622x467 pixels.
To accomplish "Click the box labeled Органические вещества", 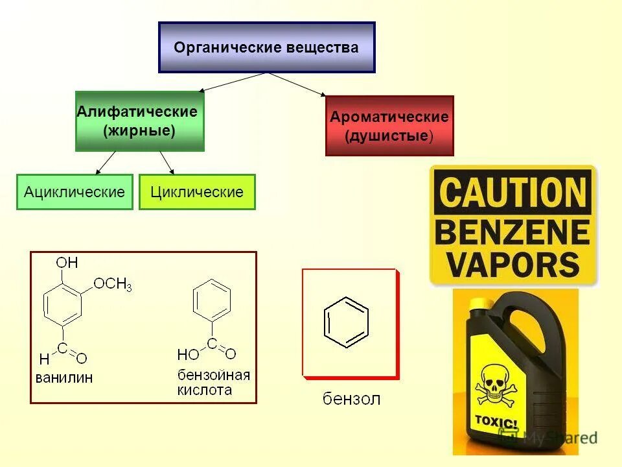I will click(266, 47).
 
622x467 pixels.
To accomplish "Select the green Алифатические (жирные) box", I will click(139, 121).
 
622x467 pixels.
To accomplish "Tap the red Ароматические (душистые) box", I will click(389, 126).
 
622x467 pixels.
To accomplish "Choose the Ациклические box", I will click(75, 192).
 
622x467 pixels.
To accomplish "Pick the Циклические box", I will click(197, 192).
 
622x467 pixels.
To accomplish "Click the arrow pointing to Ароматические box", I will click(298, 85).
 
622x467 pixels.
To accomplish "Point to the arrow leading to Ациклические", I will click(106, 163).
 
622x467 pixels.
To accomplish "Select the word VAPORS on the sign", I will click(513, 265).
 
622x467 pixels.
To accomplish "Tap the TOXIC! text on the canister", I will click(497, 423).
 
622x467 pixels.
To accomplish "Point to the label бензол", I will click(352, 398).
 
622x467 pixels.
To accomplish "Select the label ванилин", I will click(64, 377).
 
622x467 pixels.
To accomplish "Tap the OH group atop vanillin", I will click(67, 262).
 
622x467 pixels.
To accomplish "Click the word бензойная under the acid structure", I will click(214, 376).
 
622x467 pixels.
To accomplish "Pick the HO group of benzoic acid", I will click(187, 353).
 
